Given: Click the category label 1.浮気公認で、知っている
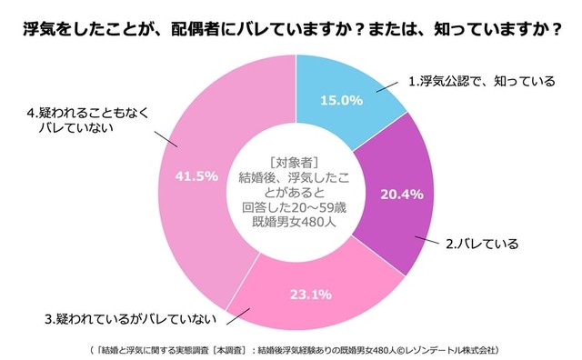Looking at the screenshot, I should click(481, 81).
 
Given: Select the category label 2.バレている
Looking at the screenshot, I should click(481, 244).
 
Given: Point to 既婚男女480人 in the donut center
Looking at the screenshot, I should click(292, 222).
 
